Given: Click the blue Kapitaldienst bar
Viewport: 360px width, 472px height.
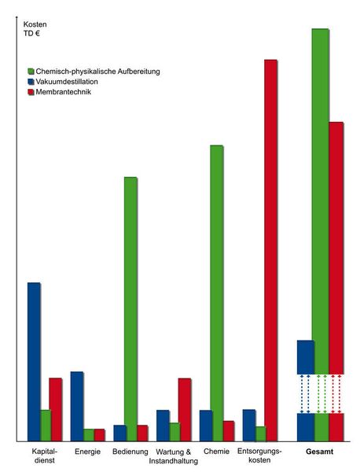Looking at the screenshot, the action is (x=34, y=362).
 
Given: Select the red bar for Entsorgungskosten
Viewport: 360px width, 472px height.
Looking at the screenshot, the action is (x=270, y=250).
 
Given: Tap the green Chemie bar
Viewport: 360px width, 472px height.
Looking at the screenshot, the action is (x=217, y=293).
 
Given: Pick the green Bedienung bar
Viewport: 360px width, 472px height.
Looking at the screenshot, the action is (x=130, y=309).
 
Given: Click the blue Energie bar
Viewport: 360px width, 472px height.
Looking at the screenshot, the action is (x=77, y=407).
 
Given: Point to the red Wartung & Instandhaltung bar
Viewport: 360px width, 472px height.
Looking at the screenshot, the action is (x=185, y=410).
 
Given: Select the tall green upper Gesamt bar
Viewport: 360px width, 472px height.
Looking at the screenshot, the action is (x=320, y=201).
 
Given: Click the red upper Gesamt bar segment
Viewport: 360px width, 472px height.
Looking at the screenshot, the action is (x=336, y=248).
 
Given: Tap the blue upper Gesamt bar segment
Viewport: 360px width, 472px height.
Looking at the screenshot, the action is (x=306, y=357).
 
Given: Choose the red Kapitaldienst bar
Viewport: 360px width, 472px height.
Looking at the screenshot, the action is (x=56, y=409).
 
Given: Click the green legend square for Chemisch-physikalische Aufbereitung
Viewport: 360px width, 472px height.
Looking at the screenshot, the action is (x=31, y=72).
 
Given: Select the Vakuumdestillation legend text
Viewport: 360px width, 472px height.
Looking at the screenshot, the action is (x=67, y=82).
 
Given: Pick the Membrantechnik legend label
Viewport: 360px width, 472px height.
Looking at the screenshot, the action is (x=64, y=92).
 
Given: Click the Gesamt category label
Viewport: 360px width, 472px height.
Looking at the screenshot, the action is (x=320, y=452).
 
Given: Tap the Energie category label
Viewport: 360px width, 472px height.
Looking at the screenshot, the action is (x=87, y=452).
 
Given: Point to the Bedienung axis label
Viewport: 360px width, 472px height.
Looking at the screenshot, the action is (x=130, y=452).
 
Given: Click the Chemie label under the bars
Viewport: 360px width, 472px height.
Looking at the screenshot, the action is (x=216, y=452).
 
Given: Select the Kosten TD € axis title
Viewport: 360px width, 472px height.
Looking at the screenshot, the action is (x=35, y=29).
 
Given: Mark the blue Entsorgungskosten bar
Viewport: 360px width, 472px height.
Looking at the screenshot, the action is (x=249, y=426).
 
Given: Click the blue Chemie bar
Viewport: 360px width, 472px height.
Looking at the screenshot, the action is (x=206, y=426).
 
